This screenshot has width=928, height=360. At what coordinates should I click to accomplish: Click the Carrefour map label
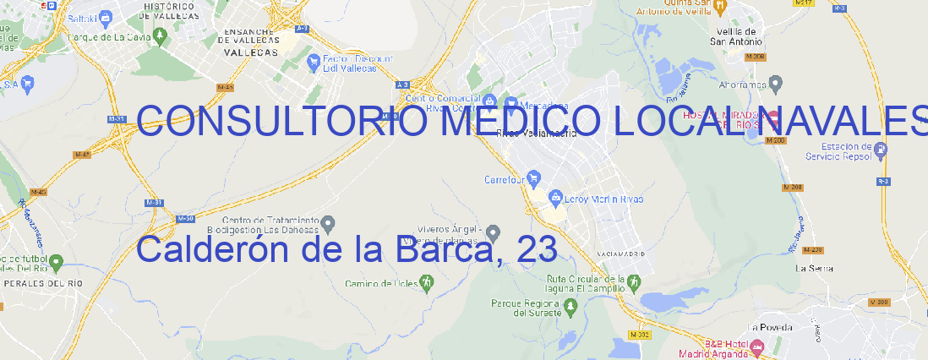505,179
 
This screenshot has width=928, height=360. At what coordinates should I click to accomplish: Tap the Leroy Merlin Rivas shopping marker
555,199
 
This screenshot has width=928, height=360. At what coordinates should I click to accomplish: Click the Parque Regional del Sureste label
526,308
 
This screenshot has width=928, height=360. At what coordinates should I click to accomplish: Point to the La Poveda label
771,327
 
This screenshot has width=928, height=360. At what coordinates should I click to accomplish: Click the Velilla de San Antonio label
734,36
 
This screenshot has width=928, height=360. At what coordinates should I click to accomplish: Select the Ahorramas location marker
777,84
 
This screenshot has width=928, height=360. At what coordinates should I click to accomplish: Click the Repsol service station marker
882,150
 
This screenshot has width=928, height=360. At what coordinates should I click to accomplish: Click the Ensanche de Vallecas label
249,38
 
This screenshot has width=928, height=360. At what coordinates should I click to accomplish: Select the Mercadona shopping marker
510,102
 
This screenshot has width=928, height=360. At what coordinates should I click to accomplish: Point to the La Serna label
815,268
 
